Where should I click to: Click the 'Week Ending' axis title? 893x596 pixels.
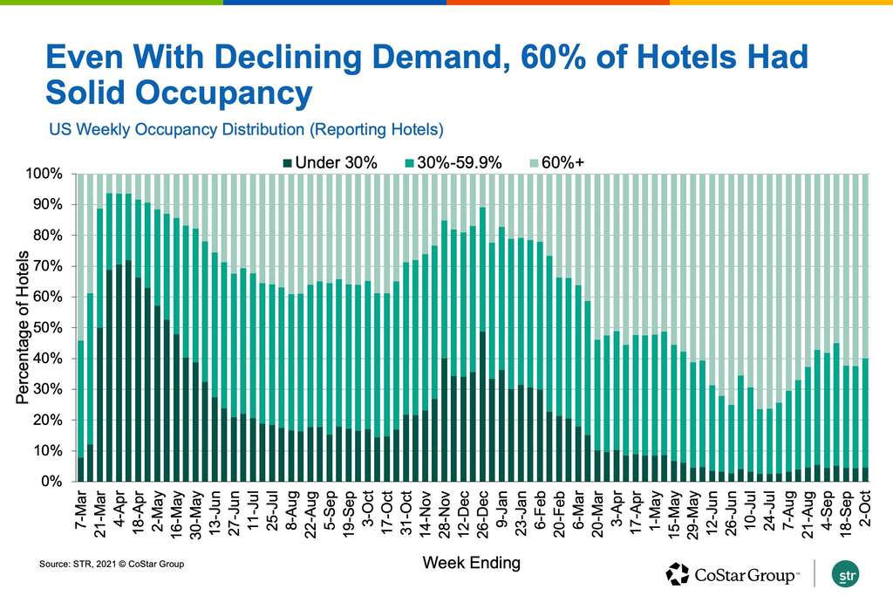[471, 563]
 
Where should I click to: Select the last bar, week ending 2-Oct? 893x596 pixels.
[865, 419]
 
